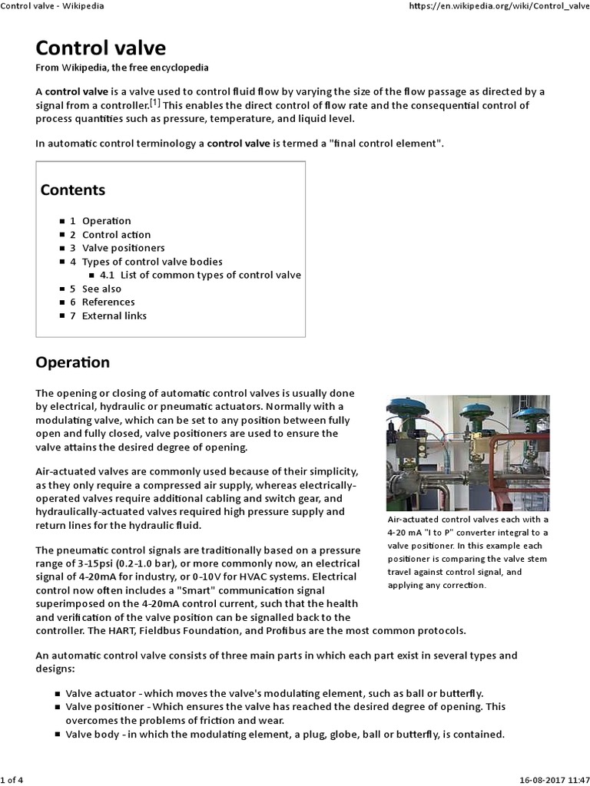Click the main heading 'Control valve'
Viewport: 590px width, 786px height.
(101, 48)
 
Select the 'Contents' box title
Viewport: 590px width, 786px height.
(73, 190)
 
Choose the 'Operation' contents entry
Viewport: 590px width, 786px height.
(106, 221)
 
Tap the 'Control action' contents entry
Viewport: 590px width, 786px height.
(116, 235)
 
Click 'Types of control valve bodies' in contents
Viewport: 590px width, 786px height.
(152, 262)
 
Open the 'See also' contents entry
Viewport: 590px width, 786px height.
(101, 289)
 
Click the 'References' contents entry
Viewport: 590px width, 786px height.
(108, 302)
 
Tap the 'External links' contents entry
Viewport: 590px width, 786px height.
(114, 315)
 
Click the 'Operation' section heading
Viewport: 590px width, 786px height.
(73, 362)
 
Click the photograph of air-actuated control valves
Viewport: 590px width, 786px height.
(467, 453)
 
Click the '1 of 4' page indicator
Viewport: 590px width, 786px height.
(13, 781)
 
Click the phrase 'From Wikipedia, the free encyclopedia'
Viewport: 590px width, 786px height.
(122, 68)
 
